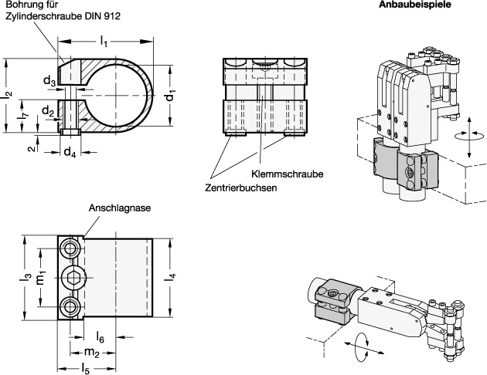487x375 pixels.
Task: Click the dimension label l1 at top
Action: [105, 39]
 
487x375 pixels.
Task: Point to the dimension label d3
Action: [48, 80]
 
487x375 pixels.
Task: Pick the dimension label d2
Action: [48, 113]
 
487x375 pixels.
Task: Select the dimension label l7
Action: [23, 116]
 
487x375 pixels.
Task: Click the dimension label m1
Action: [44, 279]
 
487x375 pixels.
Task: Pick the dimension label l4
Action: [171, 279]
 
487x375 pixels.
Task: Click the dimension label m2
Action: [90, 353]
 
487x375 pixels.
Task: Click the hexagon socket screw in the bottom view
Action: [72, 279]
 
